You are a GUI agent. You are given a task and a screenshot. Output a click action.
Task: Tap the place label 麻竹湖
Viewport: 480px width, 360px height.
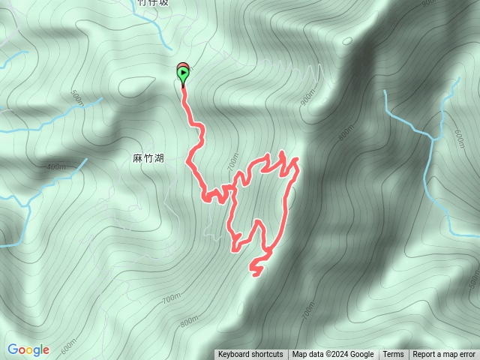coord(148,158)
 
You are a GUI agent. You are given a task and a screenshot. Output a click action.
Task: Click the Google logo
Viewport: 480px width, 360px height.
coord(28,349)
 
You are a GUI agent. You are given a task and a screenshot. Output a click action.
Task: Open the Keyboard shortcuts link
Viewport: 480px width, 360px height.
coord(250,355)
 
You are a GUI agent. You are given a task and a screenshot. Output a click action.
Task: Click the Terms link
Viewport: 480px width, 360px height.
coord(393,355)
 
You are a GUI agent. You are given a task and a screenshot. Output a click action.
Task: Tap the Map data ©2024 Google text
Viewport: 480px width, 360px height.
coord(333,355)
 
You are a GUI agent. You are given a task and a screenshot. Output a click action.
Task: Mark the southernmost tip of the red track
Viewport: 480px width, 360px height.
coord(256,274)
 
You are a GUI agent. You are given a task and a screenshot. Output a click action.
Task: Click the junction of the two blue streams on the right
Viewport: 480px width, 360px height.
coord(433,138)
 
